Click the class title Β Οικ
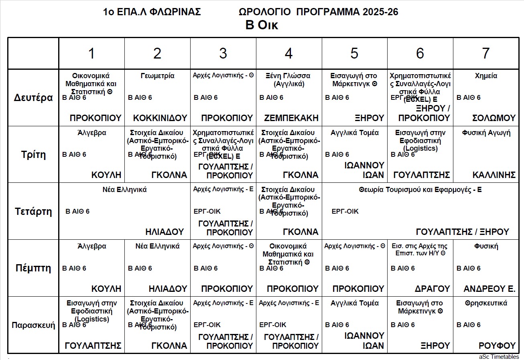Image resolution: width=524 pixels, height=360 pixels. pyautogui.click(x=262, y=25)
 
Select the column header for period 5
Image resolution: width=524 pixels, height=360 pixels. pyautogui.click(x=354, y=53)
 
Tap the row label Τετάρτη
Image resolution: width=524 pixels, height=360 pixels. pyautogui.click(x=33, y=211)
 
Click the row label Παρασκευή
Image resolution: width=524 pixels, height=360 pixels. pyautogui.click(x=33, y=325)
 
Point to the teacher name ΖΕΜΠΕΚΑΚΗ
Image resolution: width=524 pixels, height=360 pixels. pyautogui.click(x=291, y=118)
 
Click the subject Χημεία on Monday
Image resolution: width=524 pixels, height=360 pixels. pyautogui.click(x=486, y=76)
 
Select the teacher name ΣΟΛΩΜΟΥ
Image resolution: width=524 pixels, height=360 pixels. pyautogui.click(x=494, y=118)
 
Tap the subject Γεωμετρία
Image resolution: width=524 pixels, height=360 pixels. pyautogui.click(x=157, y=76)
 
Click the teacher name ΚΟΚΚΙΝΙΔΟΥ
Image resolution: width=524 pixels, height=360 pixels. pyautogui.click(x=160, y=118)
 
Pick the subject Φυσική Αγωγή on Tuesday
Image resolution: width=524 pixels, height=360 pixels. pyautogui.click(x=486, y=133)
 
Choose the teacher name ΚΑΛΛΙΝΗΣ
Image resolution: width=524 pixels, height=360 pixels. pyautogui.click(x=494, y=175)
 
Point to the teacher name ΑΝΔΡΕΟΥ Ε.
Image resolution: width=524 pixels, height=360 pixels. pyautogui.click(x=489, y=289)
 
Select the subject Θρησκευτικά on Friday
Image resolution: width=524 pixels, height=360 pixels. pyautogui.click(x=486, y=303)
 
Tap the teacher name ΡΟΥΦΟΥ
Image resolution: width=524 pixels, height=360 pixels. pyautogui.click(x=497, y=346)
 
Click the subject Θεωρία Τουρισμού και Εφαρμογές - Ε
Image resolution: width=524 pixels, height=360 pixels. pyautogui.click(x=420, y=190)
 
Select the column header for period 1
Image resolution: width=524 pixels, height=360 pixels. pyautogui.click(x=91, y=53)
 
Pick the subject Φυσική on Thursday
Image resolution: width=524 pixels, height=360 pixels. pyautogui.click(x=486, y=246)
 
